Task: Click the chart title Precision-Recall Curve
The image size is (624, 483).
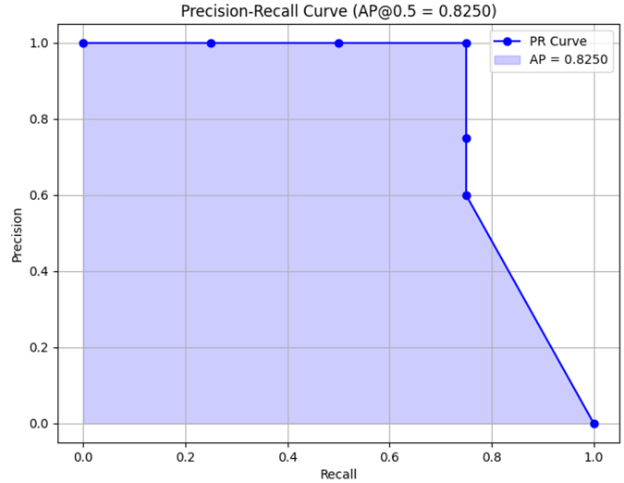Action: pyautogui.click(x=338, y=12)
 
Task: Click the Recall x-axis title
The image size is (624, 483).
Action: pyautogui.click(x=338, y=474)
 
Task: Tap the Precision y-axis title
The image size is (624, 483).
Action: pyautogui.click(x=17, y=233)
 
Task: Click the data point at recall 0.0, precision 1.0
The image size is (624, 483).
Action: pyautogui.click(x=83, y=43)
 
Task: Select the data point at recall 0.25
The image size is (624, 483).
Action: pyautogui.click(x=211, y=43)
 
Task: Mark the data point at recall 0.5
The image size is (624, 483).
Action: pyautogui.click(x=338, y=43)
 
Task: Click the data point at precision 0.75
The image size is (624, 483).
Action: pyautogui.click(x=466, y=139)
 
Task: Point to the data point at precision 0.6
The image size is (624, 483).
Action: pyautogui.click(x=466, y=195)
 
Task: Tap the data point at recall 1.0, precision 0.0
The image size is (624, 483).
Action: pyautogui.click(x=593, y=424)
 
